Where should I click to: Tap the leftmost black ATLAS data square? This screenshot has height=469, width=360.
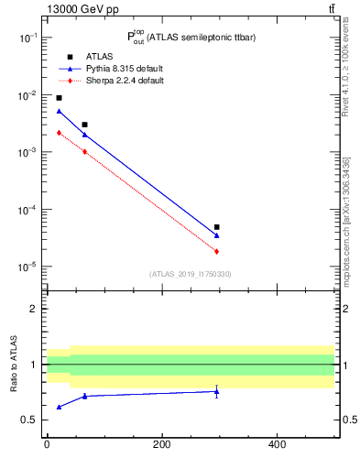click(59, 98)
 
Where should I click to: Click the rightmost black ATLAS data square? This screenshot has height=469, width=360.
click(216, 227)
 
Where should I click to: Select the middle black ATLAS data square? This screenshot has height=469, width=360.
click(84, 125)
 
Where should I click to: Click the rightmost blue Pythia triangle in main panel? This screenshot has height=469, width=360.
click(216, 235)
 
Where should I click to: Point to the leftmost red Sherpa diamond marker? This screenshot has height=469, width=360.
click(59, 133)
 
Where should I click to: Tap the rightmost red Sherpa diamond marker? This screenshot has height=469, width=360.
click(216, 251)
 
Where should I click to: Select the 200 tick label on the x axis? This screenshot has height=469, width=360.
click(161, 445)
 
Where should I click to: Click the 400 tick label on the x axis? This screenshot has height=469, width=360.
click(277, 445)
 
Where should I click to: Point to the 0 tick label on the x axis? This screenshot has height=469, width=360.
click(47, 445)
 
